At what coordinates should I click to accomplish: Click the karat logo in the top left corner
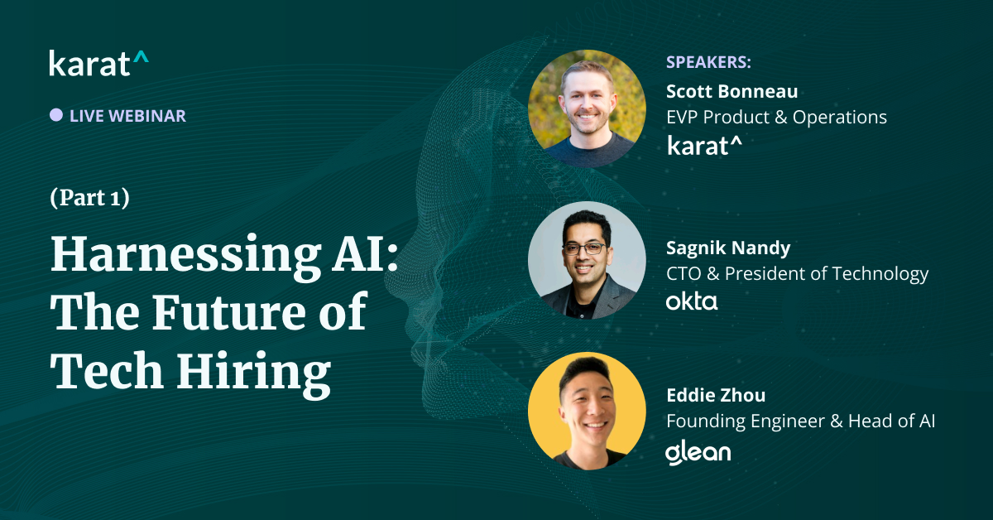pyautogui.click(x=98, y=63)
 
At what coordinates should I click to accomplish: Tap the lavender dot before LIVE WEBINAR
pyautogui.click(x=56, y=115)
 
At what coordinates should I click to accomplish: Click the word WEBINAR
pyautogui.click(x=146, y=116)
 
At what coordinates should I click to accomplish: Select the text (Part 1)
pyautogui.click(x=89, y=199)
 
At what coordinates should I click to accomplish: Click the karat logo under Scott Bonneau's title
pyautogui.click(x=704, y=146)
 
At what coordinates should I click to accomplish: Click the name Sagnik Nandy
pyautogui.click(x=727, y=247)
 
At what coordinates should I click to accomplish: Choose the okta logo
pyautogui.click(x=692, y=301)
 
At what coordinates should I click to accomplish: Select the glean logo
pyautogui.click(x=698, y=452)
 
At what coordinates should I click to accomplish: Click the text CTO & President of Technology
pyautogui.click(x=797, y=273)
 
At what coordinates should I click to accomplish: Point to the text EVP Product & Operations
pyautogui.click(x=776, y=118)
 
